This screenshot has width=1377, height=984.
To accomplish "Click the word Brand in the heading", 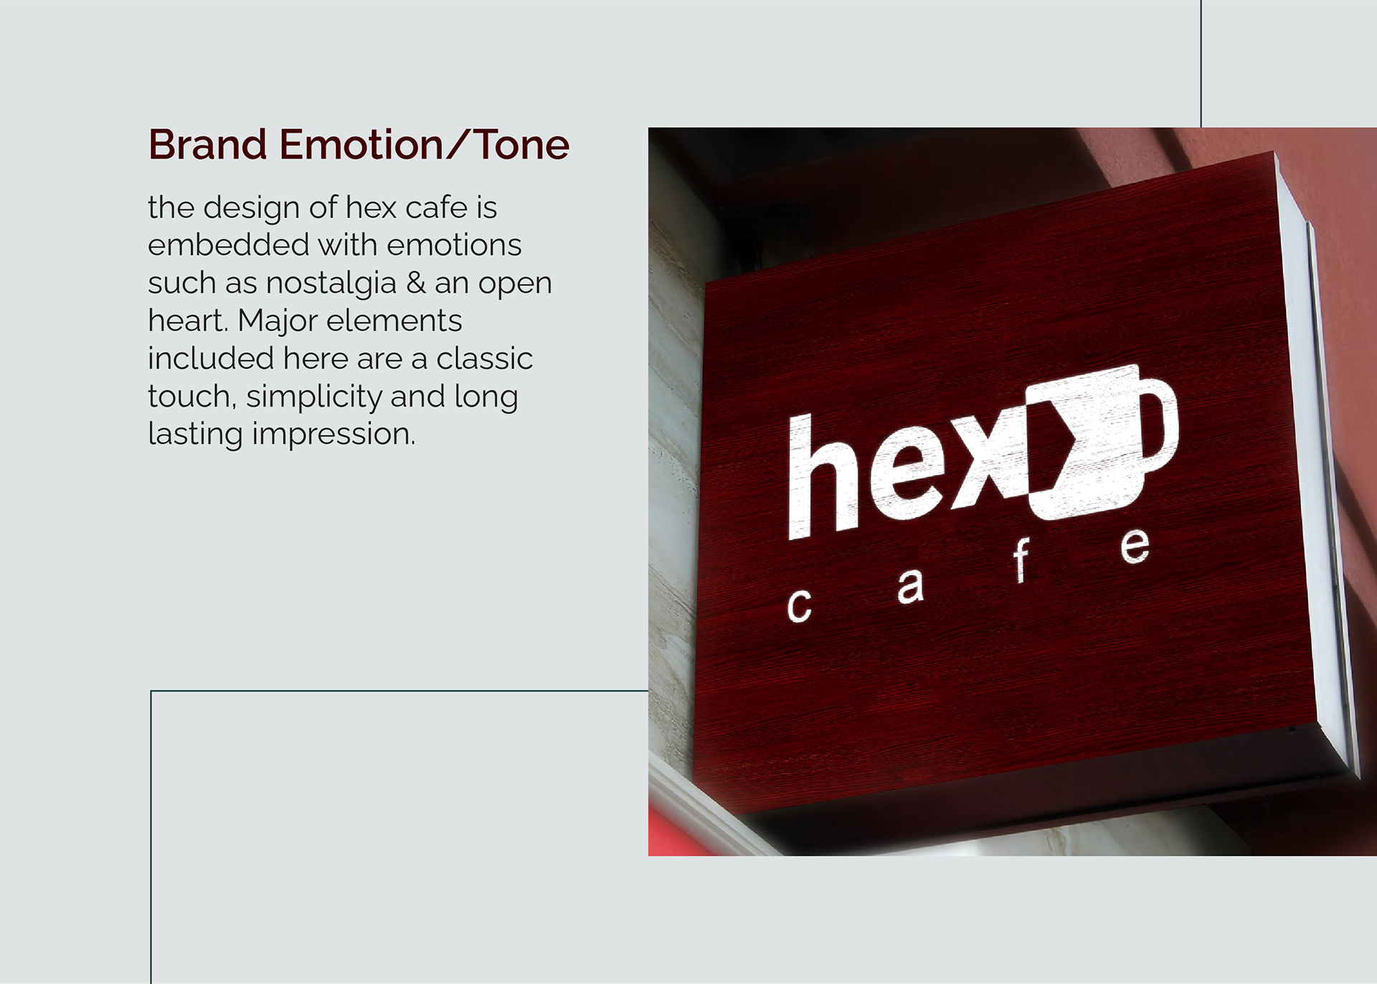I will pos(207,145).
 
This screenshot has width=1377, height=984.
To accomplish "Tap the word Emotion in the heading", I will pos(361,145).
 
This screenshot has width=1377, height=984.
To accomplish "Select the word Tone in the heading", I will pos(522,145).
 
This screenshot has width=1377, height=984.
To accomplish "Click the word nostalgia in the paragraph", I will pos(331,283).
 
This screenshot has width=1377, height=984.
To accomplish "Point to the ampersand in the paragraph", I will pos(416,283).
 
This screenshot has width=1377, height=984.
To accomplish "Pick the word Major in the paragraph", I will pos(278,321).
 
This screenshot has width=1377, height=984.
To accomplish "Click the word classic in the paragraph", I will pos(484,359).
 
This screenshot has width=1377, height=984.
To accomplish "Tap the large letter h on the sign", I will pos(823,477).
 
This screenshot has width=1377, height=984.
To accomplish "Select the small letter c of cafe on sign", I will pos(799,606).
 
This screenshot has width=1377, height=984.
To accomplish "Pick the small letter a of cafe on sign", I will pos(910,587).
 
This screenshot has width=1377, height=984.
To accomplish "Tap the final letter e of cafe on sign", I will pos(1135,547).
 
